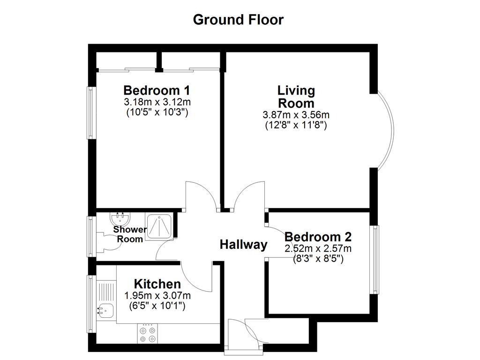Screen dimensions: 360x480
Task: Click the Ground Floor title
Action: pyautogui.click(x=238, y=20)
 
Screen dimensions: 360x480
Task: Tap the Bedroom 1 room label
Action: pyautogui.click(x=157, y=90)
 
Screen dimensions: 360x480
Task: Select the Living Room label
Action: pyautogui.click(x=296, y=96)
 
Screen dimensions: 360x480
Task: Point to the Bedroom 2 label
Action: pyautogui.click(x=318, y=237)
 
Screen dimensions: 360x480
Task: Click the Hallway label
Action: pyautogui.click(x=244, y=245)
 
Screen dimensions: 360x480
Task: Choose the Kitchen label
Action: pyautogui.click(x=157, y=284)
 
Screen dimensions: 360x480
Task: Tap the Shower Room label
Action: pyautogui.click(x=130, y=234)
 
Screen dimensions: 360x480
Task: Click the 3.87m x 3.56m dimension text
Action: pyautogui.click(x=296, y=115)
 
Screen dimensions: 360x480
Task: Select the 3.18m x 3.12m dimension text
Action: pyautogui.click(x=157, y=102)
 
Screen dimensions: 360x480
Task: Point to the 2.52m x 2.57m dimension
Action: pyautogui.click(x=318, y=248)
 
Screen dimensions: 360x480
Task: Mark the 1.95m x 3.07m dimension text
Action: pyautogui.click(x=157, y=296)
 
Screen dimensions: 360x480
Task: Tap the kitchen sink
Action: pyautogui.click(x=105, y=310)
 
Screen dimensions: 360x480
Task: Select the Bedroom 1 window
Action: pyautogui.click(x=91, y=112)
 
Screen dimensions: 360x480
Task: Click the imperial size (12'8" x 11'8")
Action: pyautogui.click(x=296, y=125)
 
